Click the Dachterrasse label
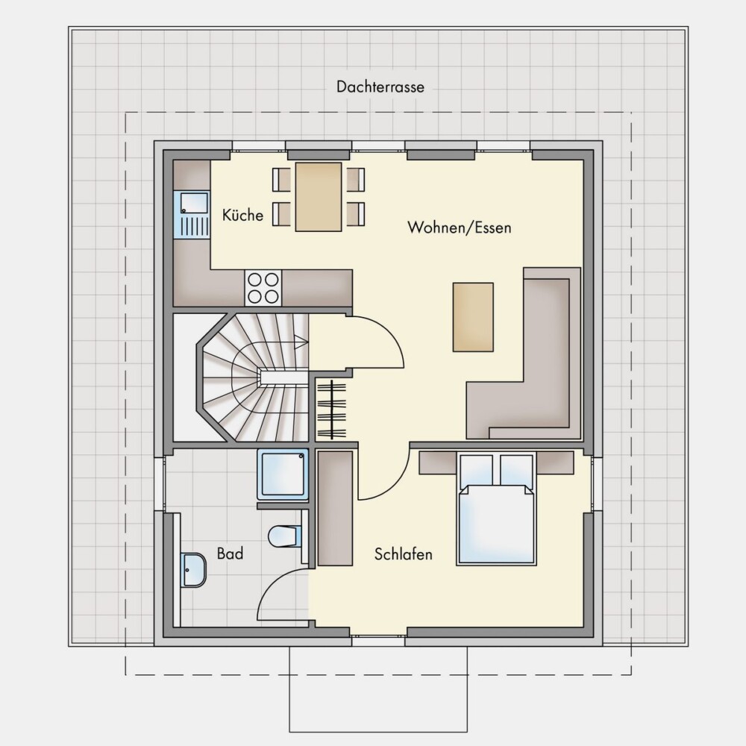tap(380, 87)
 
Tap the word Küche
tap(242, 215)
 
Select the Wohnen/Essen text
tap(459, 228)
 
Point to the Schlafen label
tap(403, 554)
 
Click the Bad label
tap(230, 554)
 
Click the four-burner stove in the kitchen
tap(263, 288)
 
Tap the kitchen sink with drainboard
tap(192, 215)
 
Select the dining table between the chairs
tap(319, 197)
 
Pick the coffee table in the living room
tap(473, 317)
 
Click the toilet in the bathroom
tap(285, 536)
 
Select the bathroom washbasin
tap(193, 570)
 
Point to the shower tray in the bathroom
tap(283, 474)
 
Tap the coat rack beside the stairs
tap(331, 409)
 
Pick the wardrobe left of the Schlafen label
tap(335, 508)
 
